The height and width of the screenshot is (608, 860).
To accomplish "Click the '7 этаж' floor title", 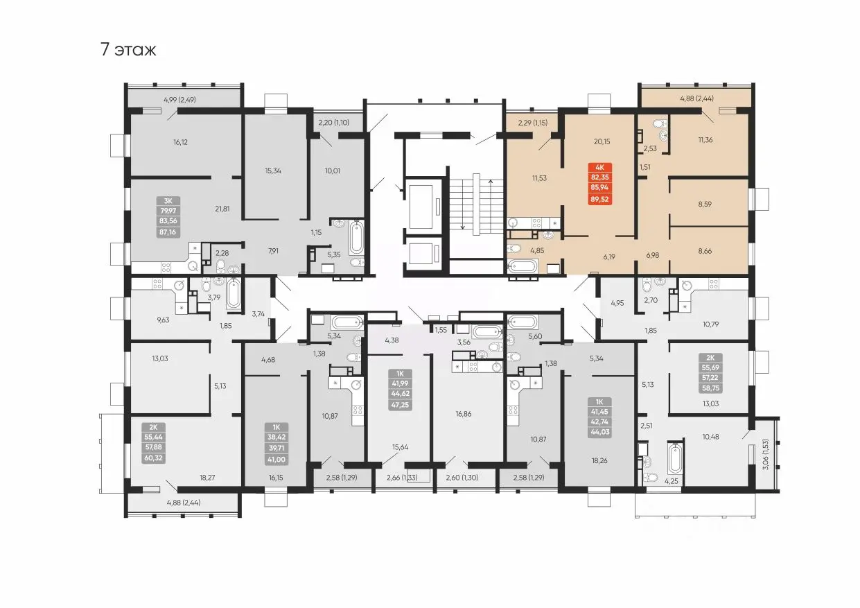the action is (x=128, y=50).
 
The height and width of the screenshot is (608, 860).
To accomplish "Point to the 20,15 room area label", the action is (x=602, y=141).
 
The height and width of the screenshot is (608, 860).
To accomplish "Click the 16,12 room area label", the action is (x=180, y=142).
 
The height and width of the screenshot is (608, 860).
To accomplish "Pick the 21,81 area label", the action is (x=222, y=209).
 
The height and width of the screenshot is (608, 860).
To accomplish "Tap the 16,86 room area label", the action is (x=464, y=414).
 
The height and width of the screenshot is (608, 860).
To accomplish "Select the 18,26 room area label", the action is (x=599, y=460).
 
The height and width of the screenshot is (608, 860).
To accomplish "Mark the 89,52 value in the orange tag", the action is (x=599, y=199).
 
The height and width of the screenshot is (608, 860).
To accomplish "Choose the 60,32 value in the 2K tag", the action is (x=153, y=458).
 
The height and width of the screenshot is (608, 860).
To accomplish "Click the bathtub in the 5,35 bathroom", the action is (x=356, y=238).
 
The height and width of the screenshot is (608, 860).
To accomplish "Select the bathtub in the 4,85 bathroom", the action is (x=523, y=266).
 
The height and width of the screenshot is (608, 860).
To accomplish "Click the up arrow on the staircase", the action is (x=490, y=203).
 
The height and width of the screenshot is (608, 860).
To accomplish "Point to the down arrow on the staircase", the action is (x=463, y=203).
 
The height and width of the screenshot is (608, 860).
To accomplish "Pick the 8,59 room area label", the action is (x=705, y=205).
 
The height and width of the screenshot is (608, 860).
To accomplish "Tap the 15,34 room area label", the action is (x=273, y=171).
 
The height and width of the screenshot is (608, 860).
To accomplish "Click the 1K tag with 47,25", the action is (x=400, y=389).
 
